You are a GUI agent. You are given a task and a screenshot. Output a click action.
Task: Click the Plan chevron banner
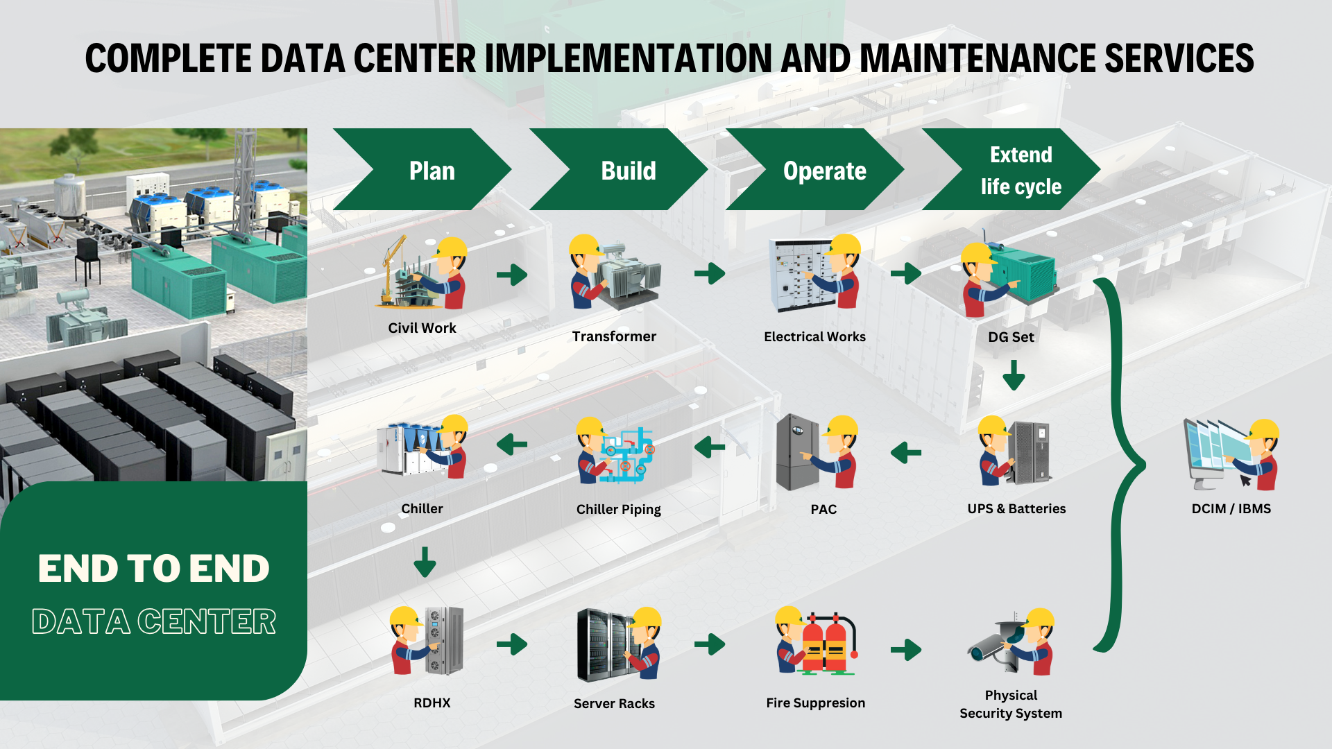tap(423, 170)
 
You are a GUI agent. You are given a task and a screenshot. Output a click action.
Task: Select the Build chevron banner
tap(620, 170)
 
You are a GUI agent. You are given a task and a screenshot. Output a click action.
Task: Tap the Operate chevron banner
tap(816, 170)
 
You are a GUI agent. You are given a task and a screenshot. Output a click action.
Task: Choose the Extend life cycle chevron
tap(1013, 170)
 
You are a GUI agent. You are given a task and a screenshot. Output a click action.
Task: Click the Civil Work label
tap(422, 328)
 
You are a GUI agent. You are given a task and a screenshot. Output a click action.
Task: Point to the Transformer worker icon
tap(614, 274)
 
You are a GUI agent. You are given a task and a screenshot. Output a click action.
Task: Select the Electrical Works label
tap(814, 336)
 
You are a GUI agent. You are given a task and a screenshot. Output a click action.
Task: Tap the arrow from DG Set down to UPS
tap(1014, 374)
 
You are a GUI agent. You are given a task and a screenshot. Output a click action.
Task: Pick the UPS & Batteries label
tap(1016, 508)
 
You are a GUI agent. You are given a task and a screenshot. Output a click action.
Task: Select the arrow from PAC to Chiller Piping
tap(710, 447)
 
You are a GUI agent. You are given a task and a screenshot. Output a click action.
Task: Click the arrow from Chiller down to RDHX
tap(425, 562)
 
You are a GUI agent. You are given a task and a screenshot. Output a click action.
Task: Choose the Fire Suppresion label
tap(815, 703)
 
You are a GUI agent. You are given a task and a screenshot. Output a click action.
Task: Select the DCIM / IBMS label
tap(1231, 508)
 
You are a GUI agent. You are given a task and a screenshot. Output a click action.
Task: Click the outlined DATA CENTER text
tap(154, 621)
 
